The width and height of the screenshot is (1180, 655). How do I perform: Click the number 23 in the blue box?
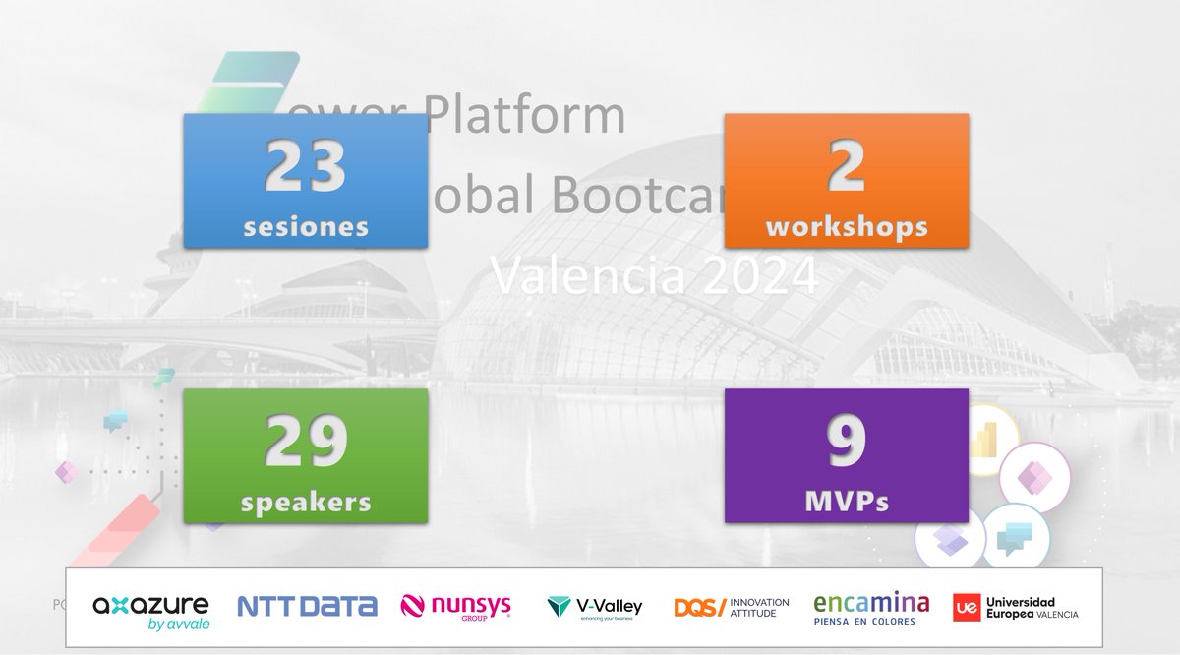pos(305,166)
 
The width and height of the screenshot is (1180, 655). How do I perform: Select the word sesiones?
pos(305,226)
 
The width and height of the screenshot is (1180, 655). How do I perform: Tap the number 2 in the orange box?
pos(846,166)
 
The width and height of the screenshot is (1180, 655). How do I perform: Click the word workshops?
pos(846,226)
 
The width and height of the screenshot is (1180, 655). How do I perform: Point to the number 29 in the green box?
pos(305,442)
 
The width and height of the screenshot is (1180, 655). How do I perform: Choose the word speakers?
pos(305,502)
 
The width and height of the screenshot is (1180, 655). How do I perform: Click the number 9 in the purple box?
pos(846,442)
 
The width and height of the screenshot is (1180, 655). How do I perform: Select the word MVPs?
pos(846,502)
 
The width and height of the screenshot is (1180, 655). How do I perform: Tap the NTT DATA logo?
pos(307,606)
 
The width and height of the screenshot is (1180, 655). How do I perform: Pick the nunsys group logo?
pos(456,607)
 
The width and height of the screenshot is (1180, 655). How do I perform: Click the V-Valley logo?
pos(594,608)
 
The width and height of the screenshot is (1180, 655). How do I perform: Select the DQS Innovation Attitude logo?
pos(732,607)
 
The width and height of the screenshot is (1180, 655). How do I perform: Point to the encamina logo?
pos(871,608)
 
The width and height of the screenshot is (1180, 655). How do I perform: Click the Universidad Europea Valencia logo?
pos(1015,608)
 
